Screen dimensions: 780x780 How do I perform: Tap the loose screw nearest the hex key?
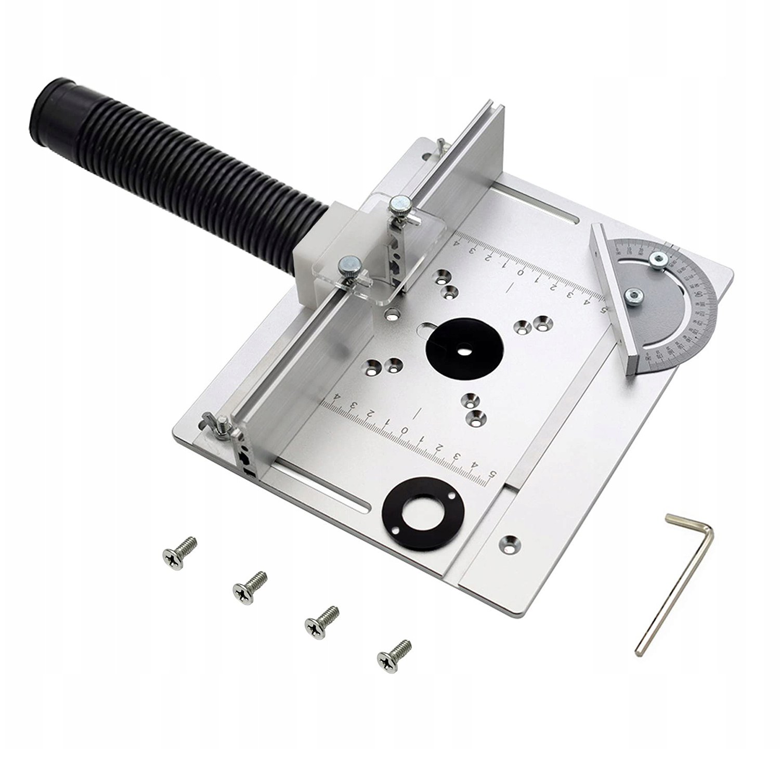pyautogui.click(x=394, y=653)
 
